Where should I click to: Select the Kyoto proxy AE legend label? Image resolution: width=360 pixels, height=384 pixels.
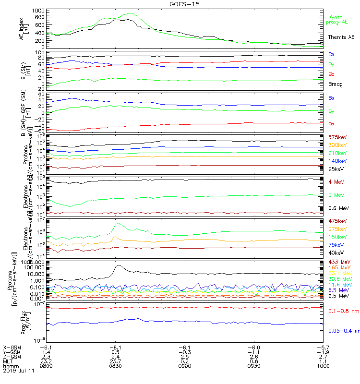(x=337, y=19)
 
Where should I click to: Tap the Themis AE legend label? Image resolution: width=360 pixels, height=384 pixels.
(x=341, y=37)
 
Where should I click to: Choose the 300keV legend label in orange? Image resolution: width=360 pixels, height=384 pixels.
(x=337, y=145)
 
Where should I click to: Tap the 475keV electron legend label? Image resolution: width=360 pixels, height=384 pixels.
(x=337, y=221)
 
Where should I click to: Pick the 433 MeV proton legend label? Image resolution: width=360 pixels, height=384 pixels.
(x=338, y=261)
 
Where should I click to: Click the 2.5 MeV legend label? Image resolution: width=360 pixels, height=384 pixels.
(x=337, y=296)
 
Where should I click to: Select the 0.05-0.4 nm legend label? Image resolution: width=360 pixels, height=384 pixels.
(x=344, y=331)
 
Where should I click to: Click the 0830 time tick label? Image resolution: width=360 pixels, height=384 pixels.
(x=115, y=365)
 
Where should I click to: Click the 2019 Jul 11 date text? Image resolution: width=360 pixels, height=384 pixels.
(x=17, y=370)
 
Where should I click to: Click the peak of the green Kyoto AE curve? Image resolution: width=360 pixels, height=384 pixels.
(x=129, y=13)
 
